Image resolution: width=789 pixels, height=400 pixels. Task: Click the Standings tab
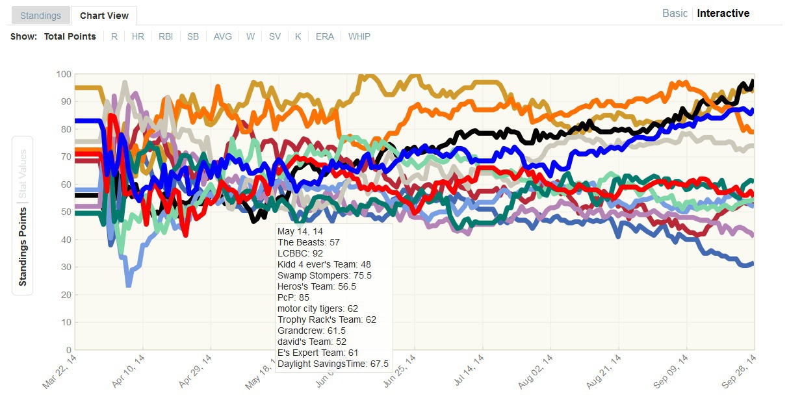click(x=40, y=16)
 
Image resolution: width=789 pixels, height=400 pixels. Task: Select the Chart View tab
click(x=104, y=16)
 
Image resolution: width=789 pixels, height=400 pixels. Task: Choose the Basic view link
click(x=675, y=13)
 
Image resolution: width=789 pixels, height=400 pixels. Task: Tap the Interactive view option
click(x=723, y=13)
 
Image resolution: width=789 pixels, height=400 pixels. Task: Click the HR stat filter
click(x=138, y=36)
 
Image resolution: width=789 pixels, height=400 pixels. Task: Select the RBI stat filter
click(x=166, y=36)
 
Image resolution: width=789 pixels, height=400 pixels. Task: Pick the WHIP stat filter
click(x=359, y=36)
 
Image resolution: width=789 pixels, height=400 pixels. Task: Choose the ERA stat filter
click(x=325, y=36)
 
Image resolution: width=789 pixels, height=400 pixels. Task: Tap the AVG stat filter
click(x=223, y=36)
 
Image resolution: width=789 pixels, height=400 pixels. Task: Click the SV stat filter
click(x=275, y=36)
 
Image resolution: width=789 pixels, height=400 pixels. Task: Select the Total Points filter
click(x=70, y=36)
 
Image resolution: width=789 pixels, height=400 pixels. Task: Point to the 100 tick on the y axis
click(x=63, y=74)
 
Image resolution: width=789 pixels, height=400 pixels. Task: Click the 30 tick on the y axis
click(x=65, y=267)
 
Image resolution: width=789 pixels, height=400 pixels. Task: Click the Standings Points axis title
click(x=23, y=247)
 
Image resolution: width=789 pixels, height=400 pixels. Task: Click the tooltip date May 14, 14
click(x=300, y=231)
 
